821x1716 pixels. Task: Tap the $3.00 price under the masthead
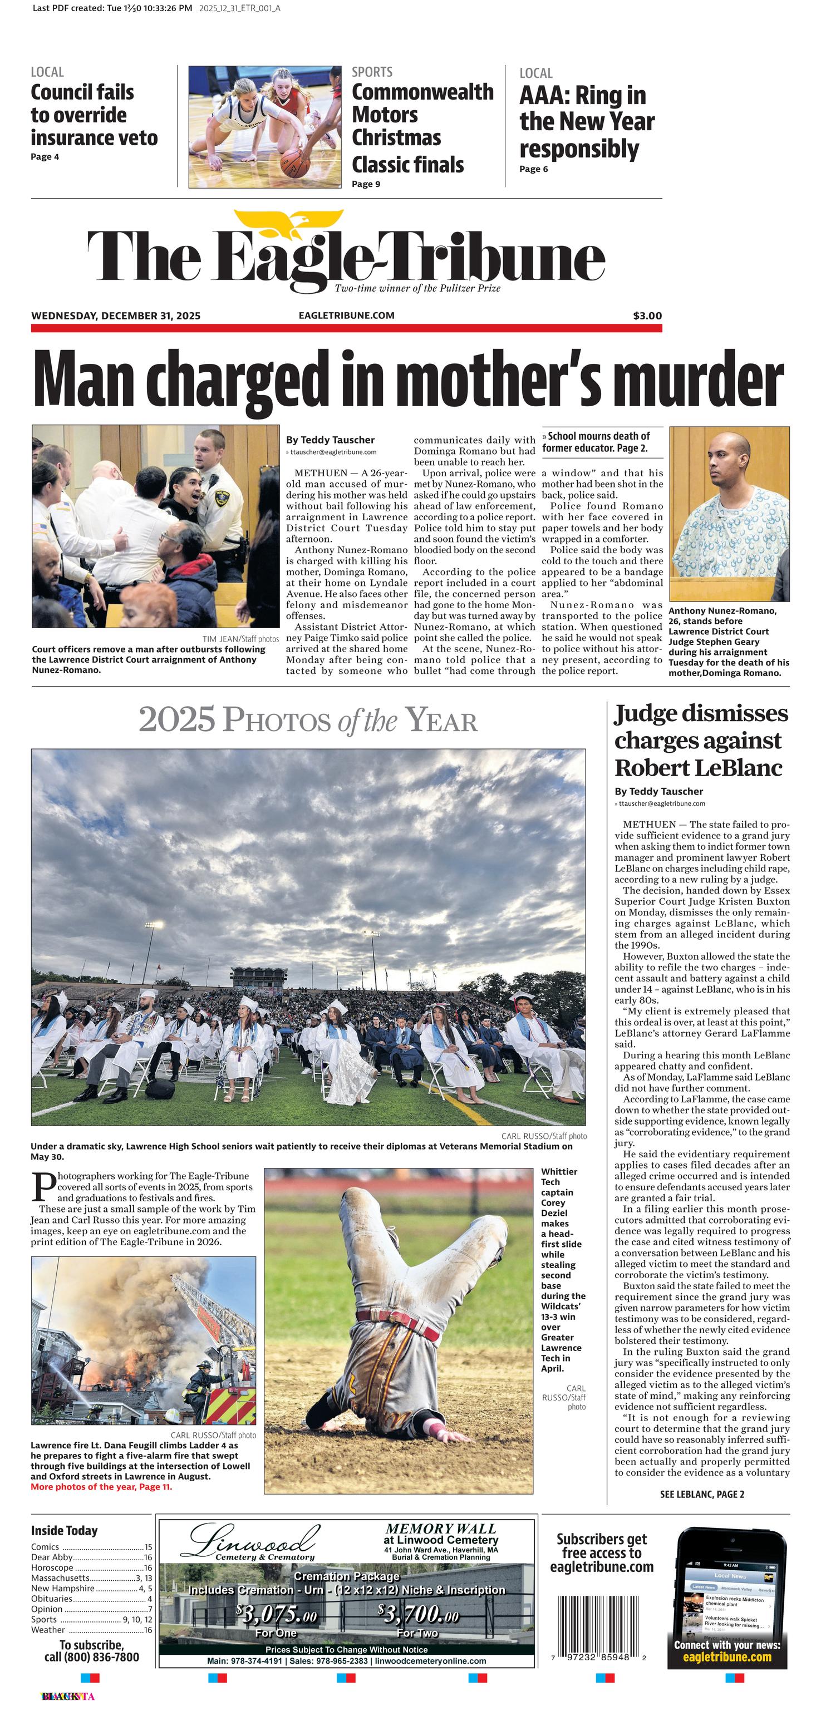[647, 315]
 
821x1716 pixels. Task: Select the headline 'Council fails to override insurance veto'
[94, 115]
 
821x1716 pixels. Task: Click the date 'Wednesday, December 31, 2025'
[115, 315]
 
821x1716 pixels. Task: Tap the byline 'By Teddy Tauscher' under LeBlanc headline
[658, 791]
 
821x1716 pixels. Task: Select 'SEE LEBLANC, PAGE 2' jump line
[702, 1494]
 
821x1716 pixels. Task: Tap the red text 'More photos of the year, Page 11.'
[101, 1487]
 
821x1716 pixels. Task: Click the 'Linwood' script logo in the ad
[253, 1540]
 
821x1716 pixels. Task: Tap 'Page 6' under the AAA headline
[533, 169]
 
